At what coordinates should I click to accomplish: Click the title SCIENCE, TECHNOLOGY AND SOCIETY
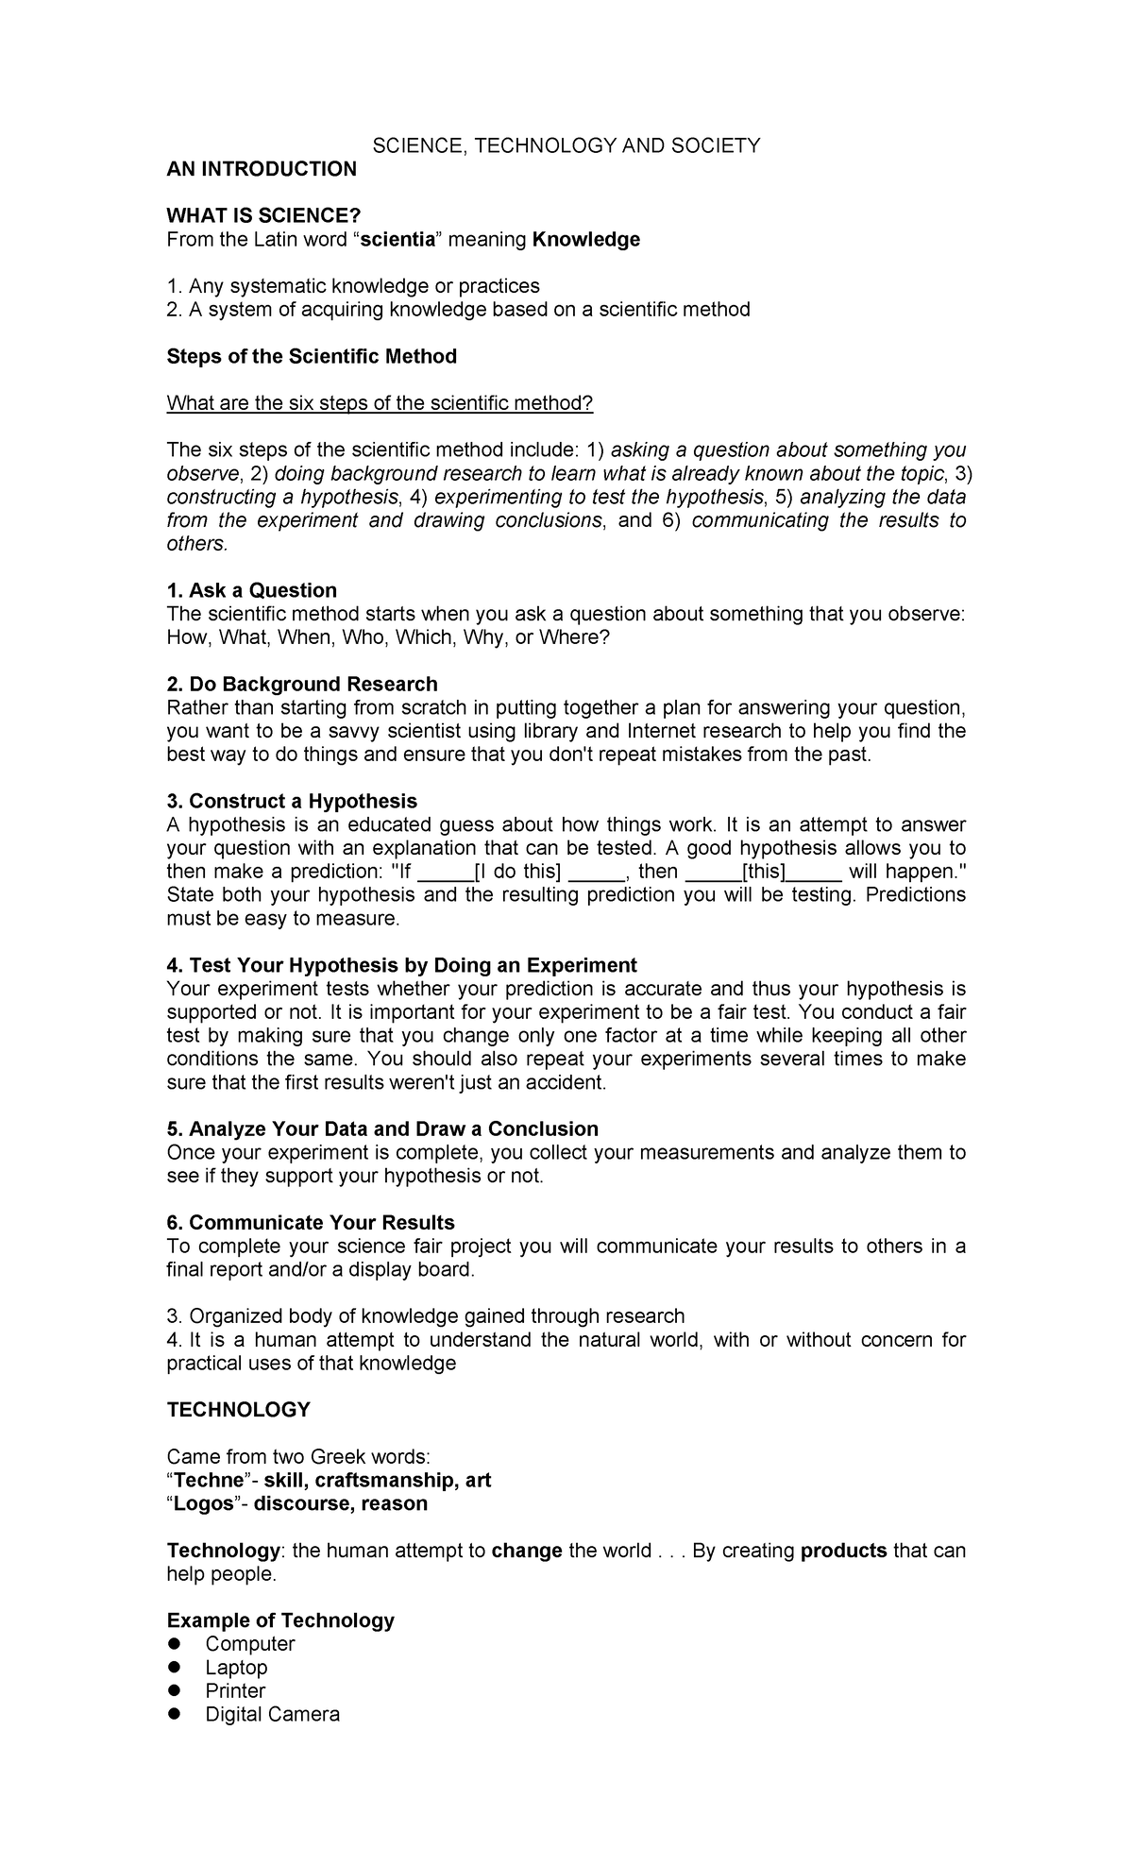click(x=566, y=145)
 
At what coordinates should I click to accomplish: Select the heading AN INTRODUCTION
click(x=262, y=169)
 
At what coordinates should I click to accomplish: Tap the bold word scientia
click(x=397, y=240)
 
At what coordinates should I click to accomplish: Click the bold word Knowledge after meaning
click(x=585, y=240)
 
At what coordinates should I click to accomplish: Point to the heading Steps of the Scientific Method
click(x=312, y=357)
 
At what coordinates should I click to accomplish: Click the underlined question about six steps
click(x=380, y=403)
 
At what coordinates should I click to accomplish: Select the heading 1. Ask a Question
click(x=252, y=591)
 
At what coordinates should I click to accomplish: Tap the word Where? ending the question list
click(x=575, y=637)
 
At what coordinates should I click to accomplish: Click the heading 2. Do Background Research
click(x=302, y=685)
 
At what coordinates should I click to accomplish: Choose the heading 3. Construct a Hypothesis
click(x=292, y=802)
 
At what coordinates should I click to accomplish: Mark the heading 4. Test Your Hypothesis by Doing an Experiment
click(x=401, y=965)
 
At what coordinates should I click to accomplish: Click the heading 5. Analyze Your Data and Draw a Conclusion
click(x=382, y=1129)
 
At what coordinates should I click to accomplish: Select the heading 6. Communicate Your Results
click(x=311, y=1223)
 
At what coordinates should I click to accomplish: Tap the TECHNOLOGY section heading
click(x=238, y=1410)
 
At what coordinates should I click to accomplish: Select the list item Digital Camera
click(x=272, y=1714)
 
